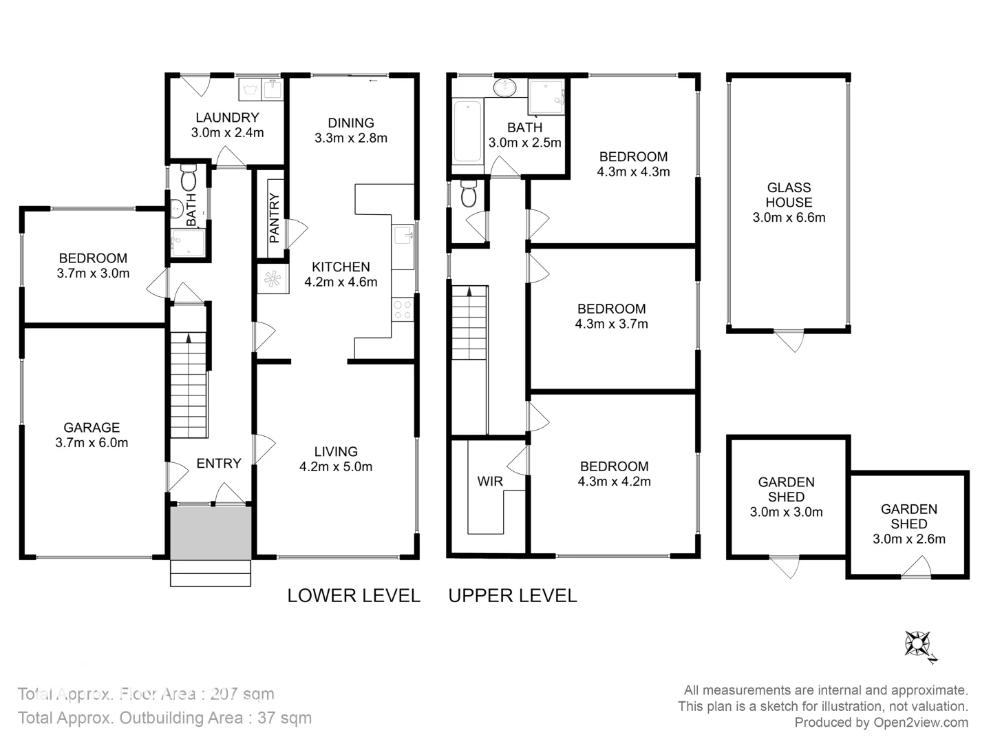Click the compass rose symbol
pyautogui.click(x=918, y=645)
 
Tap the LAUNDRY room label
pyautogui.click(x=227, y=118)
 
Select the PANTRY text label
pyautogui.click(x=275, y=218)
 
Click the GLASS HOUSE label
pyautogui.click(x=789, y=195)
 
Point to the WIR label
pyautogui.click(x=490, y=482)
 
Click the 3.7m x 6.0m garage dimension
pyautogui.click(x=92, y=443)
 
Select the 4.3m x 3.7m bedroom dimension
pyautogui.click(x=611, y=324)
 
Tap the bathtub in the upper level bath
pyautogui.click(x=468, y=132)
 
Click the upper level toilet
pyautogui.click(x=469, y=194)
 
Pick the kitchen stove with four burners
pyautogui.click(x=403, y=309)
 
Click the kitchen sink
pyautogui.click(x=403, y=236)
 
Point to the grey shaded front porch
pyautogui.click(x=211, y=534)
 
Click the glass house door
pyautogui.click(x=789, y=340)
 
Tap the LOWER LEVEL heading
pyautogui.click(x=354, y=596)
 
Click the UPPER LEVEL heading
pyautogui.click(x=513, y=596)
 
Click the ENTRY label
pyautogui.click(x=219, y=464)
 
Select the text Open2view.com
pyautogui.click(x=921, y=723)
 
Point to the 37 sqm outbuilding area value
pyautogui.click(x=284, y=718)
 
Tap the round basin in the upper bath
pyautogui.click(x=506, y=87)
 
